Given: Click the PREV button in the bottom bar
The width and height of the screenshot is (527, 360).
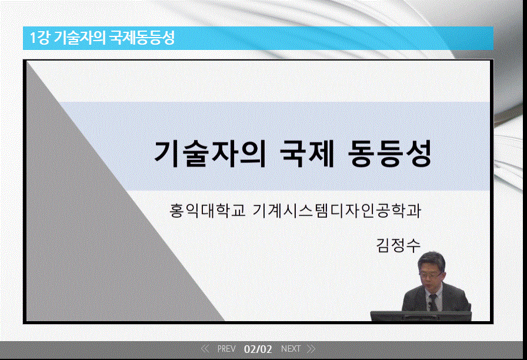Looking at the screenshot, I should (226, 349).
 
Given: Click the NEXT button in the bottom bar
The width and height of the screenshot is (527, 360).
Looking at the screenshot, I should (291, 349).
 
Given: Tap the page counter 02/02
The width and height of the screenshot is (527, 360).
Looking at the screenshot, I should (258, 349).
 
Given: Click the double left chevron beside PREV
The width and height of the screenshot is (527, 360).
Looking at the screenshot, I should (205, 349).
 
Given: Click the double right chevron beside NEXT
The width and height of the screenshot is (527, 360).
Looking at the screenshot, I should (311, 349).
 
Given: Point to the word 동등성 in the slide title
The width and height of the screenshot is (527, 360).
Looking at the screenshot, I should (391, 154).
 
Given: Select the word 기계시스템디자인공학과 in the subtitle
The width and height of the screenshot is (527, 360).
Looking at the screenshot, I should (336, 211).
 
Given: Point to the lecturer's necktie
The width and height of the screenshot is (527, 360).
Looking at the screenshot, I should (433, 301).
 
